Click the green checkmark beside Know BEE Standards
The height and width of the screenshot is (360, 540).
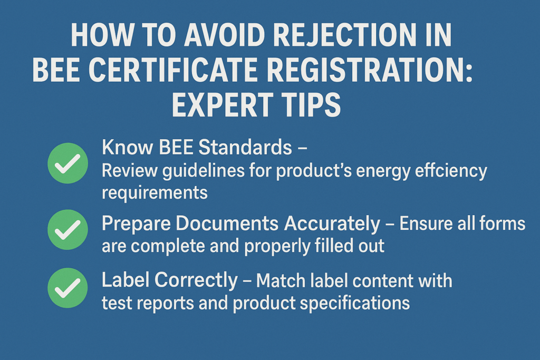(x=68, y=163)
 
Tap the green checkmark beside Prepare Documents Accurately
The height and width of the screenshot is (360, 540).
(x=68, y=230)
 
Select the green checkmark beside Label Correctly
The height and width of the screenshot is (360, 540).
(x=68, y=288)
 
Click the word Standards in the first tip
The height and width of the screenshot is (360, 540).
(x=245, y=147)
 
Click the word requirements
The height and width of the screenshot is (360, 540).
(x=155, y=193)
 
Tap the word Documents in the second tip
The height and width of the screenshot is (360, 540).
(x=227, y=223)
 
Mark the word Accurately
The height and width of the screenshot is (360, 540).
(x=332, y=224)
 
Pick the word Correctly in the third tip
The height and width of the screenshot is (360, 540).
(x=196, y=281)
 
